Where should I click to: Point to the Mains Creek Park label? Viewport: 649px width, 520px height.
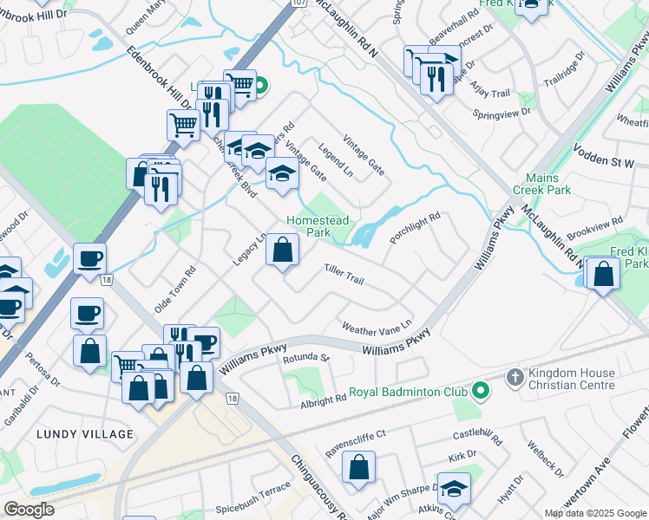(x=542, y=184)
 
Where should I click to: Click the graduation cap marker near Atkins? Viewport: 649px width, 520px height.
(x=453, y=489)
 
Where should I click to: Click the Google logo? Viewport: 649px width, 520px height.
(x=29, y=510)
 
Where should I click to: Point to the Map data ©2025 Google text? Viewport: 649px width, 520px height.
(x=594, y=513)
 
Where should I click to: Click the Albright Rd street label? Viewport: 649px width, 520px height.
(x=324, y=399)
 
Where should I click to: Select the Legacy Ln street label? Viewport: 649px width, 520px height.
(x=249, y=249)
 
